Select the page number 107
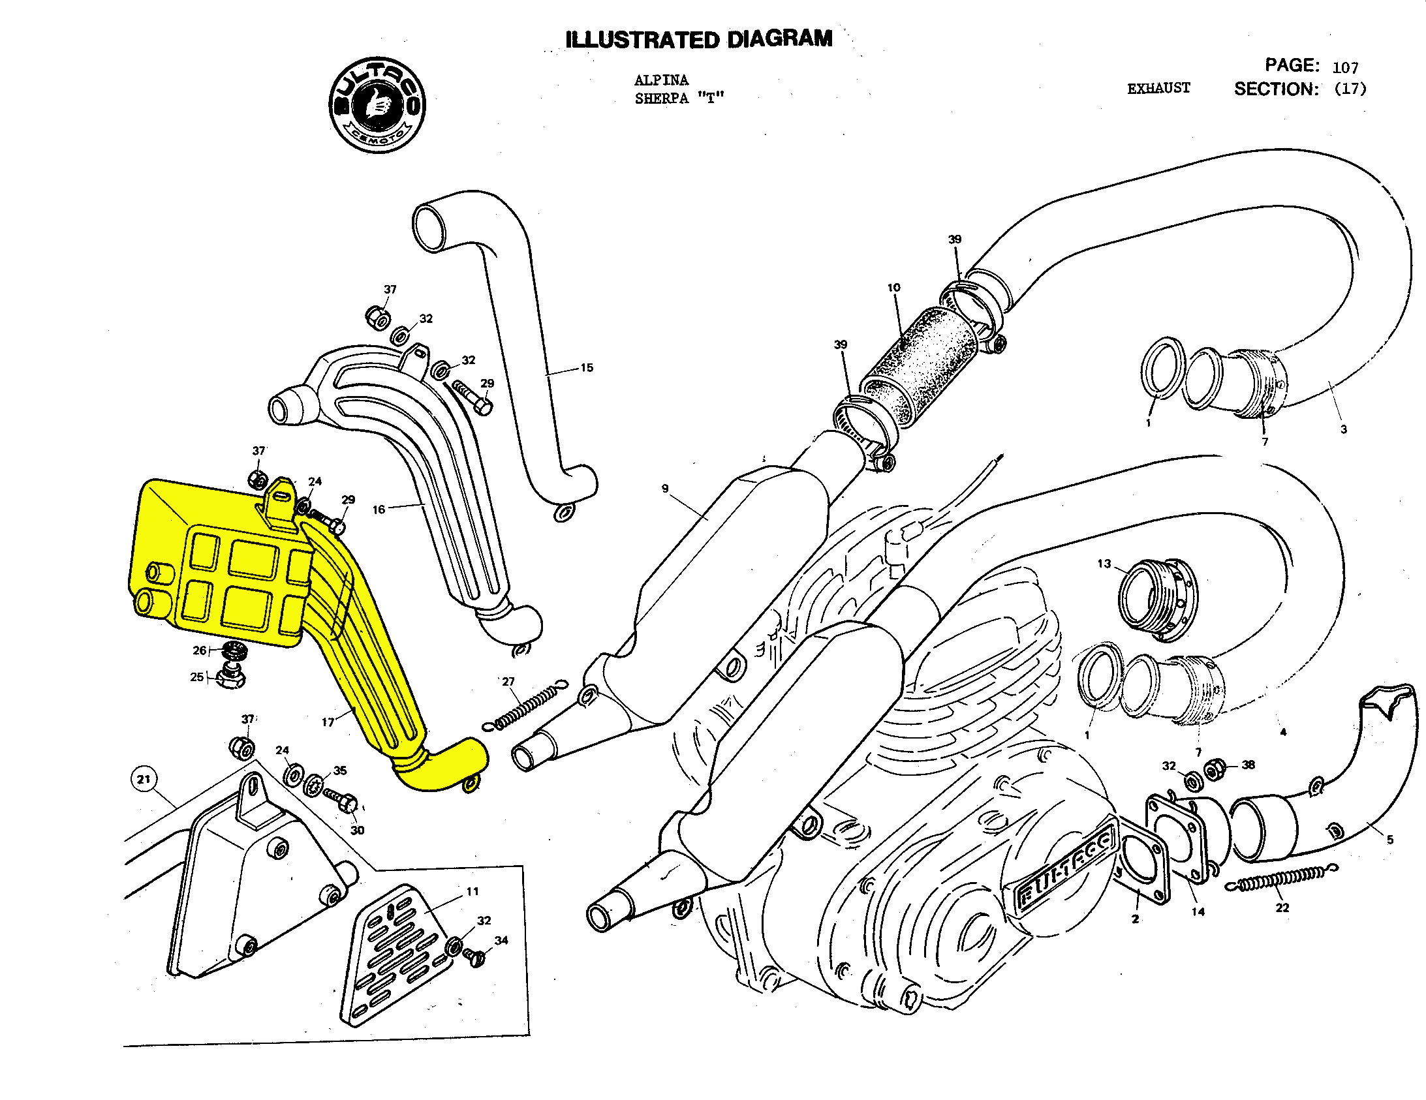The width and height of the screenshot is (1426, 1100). pos(1345,67)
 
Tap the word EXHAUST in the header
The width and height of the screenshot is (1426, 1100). pos(1158,88)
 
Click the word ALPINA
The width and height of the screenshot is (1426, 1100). pos(660,80)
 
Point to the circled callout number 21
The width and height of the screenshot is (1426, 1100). pos(144,779)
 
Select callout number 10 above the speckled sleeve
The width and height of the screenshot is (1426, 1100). pos(893,287)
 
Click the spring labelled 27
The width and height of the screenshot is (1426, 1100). pos(525,705)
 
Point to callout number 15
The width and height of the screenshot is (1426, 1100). pos(586,368)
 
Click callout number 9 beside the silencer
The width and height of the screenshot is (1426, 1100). pos(664,488)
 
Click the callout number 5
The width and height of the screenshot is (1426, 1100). pos(1389,840)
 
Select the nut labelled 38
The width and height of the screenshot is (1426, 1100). pos(1213,771)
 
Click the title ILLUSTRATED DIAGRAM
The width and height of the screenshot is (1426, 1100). pos(698,39)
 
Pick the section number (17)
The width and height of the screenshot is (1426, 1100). pos(1350,89)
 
